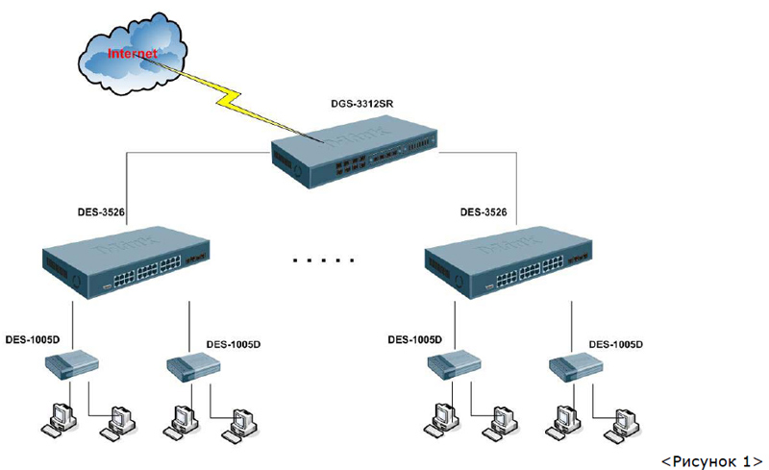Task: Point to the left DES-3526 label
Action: click(x=102, y=211)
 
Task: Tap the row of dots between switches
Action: click(x=323, y=260)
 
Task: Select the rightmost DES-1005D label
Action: click(x=615, y=343)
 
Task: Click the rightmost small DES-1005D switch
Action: click(x=576, y=367)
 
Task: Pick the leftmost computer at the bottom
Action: click(x=59, y=415)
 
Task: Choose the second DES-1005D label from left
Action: click(x=234, y=343)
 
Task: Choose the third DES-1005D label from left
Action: click(x=414, y=338)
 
